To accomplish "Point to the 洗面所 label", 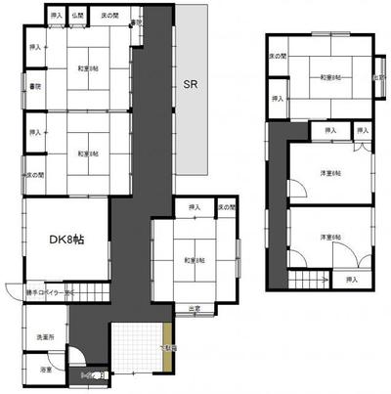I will coord(46,337).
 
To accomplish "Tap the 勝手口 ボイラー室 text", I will coord(39,291).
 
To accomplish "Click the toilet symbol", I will coord(95,373).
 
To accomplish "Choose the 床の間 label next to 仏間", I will coord(109,17).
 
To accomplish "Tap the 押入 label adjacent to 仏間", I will coord(57,17).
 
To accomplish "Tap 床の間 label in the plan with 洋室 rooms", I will coord(279,57).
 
